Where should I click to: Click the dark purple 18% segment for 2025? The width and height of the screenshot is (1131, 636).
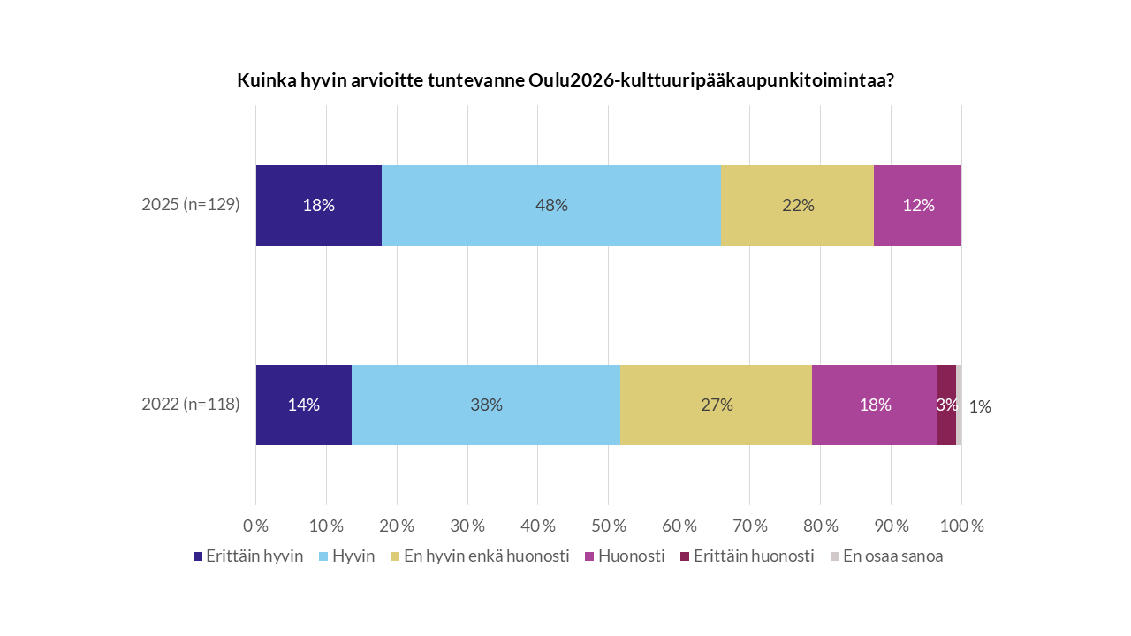coord(318,205)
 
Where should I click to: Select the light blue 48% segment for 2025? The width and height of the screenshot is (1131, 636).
coord(551,205)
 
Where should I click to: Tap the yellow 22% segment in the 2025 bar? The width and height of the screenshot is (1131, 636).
coord(797,205)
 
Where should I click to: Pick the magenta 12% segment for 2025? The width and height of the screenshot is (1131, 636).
coord(917,205)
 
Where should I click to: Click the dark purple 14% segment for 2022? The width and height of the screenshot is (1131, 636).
coord(303,405)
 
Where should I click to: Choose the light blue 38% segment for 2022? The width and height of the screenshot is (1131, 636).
coord(486,405)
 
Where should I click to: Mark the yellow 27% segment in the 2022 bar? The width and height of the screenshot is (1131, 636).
coord(716,405)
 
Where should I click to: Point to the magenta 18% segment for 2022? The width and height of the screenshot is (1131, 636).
coord(875,405)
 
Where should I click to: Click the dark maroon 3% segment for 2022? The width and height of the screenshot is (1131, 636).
coord(946,405)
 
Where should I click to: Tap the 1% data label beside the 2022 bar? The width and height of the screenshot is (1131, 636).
coord(979,407)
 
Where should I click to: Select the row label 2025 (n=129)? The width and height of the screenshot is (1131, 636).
coord(191,205)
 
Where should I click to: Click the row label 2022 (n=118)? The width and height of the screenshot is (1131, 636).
coord(191,405)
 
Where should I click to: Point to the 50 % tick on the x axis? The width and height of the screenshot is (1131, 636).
coord(608,526)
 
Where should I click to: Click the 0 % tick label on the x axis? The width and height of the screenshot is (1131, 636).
coord(255,526)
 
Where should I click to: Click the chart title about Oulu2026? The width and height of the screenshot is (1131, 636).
coord(565,80)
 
